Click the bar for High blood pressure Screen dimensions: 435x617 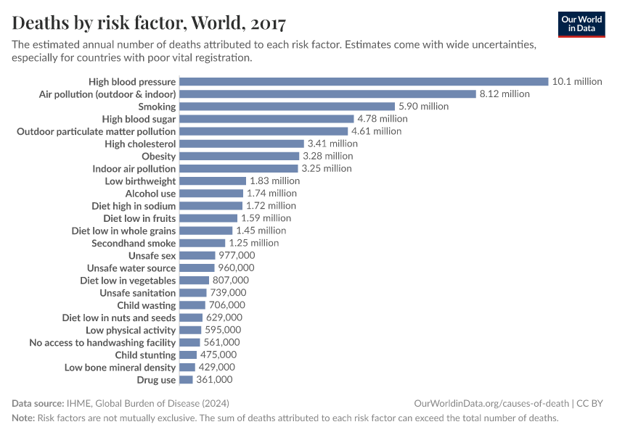click(x=363, y=81)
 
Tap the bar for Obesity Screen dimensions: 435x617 click(x=239, y=156)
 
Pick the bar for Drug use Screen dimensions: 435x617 click(x=186, y=380)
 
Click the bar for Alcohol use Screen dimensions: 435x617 click(x=211, y=194)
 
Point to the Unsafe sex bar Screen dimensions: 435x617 click(x=197, y=255)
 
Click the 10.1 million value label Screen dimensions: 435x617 click(x=577, y=81)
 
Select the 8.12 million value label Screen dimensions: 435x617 click(x=504, y=94)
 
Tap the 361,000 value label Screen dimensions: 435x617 click(x=214, y=380)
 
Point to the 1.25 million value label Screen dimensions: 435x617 click(x=253, y=243)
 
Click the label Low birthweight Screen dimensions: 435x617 click(x=140, y=181)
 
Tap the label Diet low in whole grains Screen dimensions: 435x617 click(x=123, y=231)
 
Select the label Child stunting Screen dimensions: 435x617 click(x=145, y=355)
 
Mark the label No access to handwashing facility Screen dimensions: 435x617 click(x=102, y=342)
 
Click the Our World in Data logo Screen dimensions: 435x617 click(x=581, y=24)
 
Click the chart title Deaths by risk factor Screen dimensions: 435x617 click(x=149, y=24)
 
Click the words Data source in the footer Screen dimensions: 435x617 click(x=37, y=403)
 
